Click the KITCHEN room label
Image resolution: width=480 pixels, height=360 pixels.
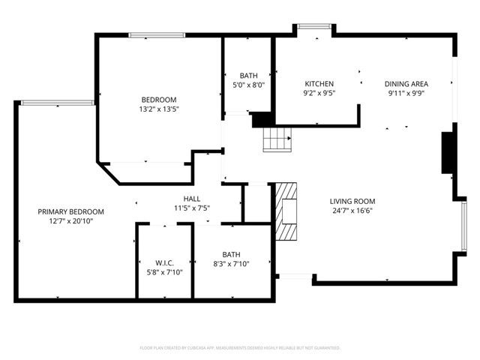coord(319,83)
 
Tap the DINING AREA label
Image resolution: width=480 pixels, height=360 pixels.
coord(406,83)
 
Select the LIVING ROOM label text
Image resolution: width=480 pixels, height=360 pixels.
coord(352,201)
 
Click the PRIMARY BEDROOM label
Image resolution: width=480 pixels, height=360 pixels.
coord(71,211)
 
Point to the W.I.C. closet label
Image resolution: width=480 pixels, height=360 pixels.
coord(165,262)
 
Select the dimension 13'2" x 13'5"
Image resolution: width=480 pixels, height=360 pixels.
coord(159,109)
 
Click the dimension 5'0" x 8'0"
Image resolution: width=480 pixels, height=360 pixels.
coord(248,85)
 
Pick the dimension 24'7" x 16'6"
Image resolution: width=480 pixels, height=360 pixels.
coord(352,211)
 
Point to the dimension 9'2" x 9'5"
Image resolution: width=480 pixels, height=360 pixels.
coord(319,93)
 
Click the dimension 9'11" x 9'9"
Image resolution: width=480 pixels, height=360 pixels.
coord(406,93)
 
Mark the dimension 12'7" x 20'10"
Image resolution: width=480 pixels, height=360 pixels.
coord(71,221)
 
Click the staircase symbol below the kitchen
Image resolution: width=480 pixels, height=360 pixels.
coord(276,139)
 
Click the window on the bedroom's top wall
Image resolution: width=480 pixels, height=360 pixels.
coord(157,34)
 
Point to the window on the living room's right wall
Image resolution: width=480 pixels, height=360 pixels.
coord(464,226)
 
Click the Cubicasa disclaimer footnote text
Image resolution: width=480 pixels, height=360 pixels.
coord(240,348)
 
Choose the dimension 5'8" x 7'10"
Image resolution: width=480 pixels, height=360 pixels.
coord(165,271)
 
